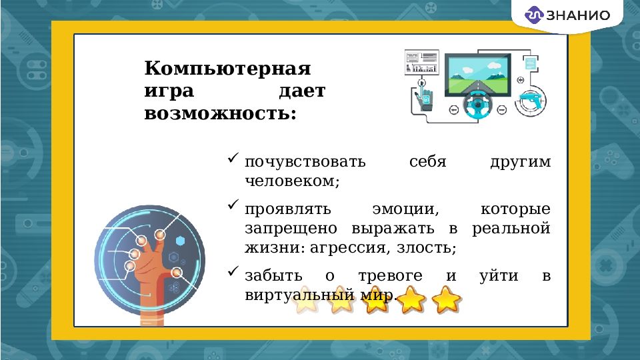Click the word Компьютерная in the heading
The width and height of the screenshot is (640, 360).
coord(229,69)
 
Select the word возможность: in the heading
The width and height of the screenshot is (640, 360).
coord(220,113)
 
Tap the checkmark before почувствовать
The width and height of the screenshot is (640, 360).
coord(233,159)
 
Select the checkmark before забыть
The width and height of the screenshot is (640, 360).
coord(233,271)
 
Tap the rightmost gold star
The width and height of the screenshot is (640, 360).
coord(446,299)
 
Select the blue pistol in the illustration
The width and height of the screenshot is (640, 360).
coord(533,100)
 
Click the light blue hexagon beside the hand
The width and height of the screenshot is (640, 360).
coord(180,240)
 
